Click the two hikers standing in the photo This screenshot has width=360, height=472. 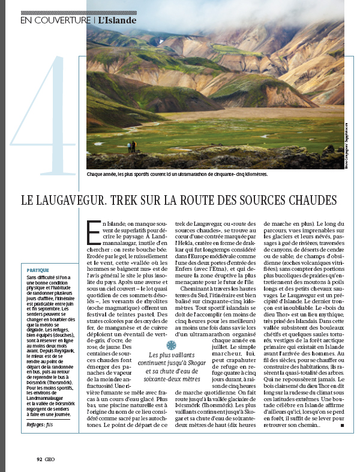(x=131, y=146)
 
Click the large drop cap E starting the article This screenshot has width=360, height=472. (x=93, y=231)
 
